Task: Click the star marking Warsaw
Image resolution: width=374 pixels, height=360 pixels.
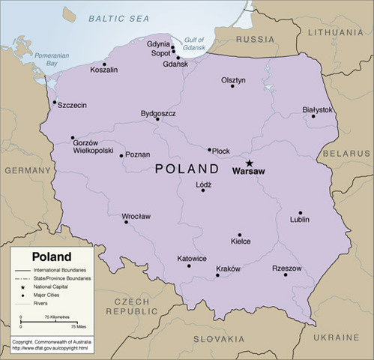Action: (x=250, y=162)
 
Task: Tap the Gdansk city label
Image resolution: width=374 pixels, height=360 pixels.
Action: (x=175, y=64)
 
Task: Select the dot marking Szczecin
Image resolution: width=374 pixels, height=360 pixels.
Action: (x=54, y=103)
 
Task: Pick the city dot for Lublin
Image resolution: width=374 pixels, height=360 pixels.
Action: (x=301, y=213)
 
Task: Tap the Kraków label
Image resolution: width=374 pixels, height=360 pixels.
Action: (x=228, y=268)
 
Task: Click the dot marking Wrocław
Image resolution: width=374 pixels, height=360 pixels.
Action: (x=126, y=222)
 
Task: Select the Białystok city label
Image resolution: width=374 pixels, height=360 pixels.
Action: (x=317, y=109)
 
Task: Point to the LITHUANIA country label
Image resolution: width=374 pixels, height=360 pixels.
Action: (x=334, y=32)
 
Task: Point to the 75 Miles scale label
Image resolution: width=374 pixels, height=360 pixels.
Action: (x=78, y=327)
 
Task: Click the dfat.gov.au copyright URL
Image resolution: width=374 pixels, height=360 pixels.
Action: (x=50, y=348)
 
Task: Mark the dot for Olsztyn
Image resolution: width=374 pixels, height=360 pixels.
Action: (x=232, y=86)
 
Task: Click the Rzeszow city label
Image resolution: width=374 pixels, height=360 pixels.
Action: (x=287, y=268)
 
